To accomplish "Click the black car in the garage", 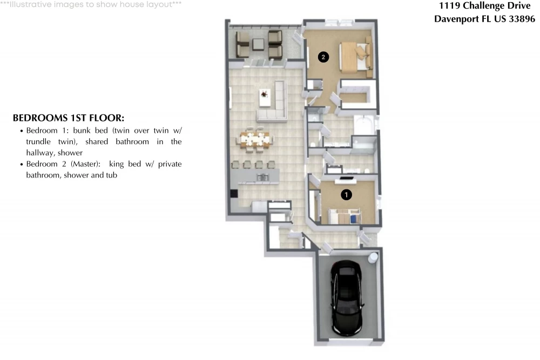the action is pos(347,298).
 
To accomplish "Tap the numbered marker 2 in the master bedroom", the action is pos(323,57).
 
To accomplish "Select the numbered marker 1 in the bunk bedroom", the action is pos(346,195).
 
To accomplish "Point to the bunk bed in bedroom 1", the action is pos(345,216).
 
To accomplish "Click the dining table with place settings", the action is pos(255,140).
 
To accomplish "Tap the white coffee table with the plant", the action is pos(265,97).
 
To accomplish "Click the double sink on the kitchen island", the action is pos(262,177).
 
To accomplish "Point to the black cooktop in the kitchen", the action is pos(234,193).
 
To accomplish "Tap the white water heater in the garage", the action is pos(373,257).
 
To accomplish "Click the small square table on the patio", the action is pos(258,44).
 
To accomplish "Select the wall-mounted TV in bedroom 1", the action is pos(346,178).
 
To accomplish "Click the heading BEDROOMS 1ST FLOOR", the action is pos(69,118).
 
